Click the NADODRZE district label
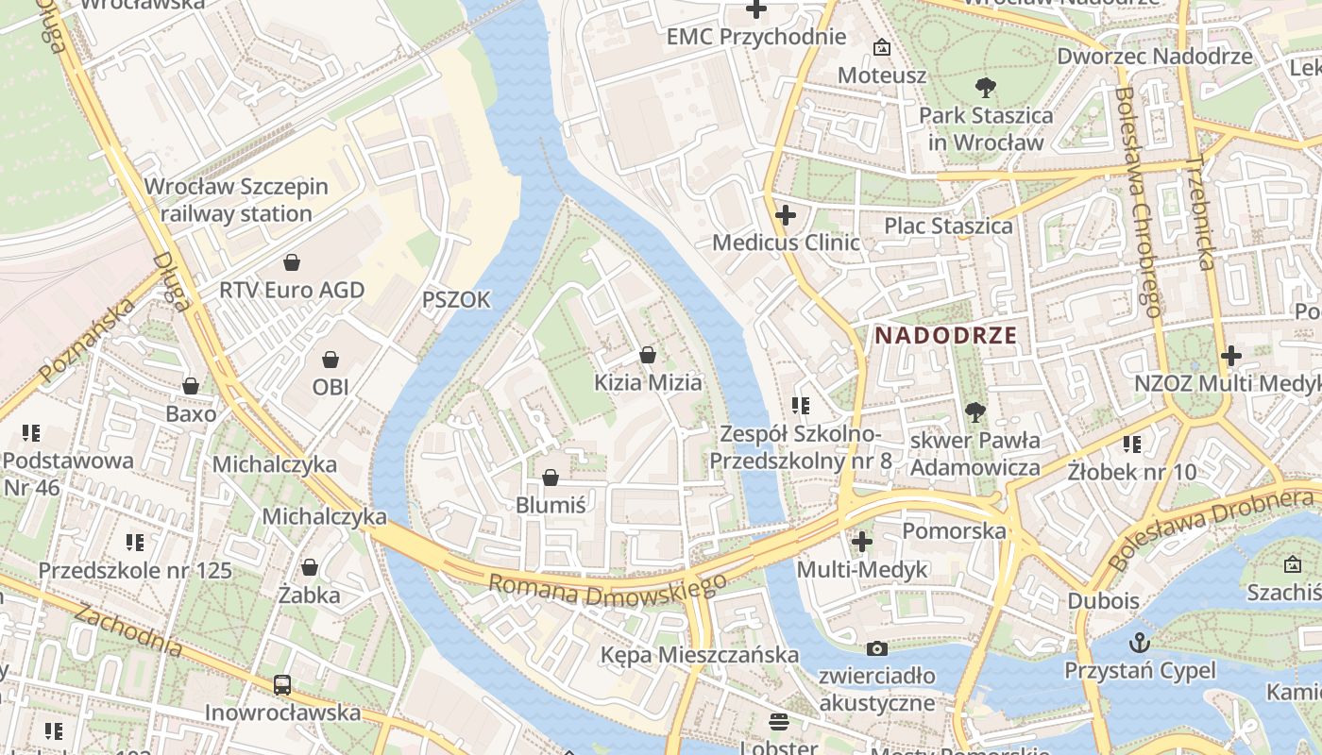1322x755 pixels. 945,335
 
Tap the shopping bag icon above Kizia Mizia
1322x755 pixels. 648,355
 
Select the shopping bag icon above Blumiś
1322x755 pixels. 551,478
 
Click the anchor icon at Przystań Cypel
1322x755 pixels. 1141,644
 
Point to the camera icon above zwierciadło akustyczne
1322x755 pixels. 877,648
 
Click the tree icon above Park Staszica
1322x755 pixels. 986,88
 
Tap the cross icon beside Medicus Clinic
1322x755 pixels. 785,215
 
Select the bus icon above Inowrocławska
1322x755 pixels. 282,685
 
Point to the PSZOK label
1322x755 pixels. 456,300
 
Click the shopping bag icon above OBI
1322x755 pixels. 330,359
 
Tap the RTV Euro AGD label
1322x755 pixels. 292,290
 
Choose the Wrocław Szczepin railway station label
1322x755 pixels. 236,200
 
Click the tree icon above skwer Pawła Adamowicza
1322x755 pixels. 975,411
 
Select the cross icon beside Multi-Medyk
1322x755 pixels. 862,542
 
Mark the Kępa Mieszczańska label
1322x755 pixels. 700,654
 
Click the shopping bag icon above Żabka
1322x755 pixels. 309,567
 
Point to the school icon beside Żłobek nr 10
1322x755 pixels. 1132,444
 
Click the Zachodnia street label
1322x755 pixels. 128,630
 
